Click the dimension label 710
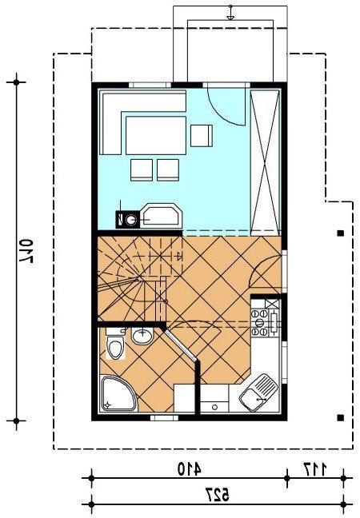point(26,251)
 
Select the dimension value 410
point(190,469)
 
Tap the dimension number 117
point(315,469)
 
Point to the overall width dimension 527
point(217,495)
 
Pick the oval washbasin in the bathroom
point(142,336)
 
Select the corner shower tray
point(118,393)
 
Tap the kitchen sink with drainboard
point(258,392)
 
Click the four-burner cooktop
point(260,322)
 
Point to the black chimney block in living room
point(128,219)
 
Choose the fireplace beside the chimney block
point(162,216)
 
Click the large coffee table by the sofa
point(156,135)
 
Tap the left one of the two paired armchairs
point(142,169)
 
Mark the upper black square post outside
point(340,233)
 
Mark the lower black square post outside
point(340,418)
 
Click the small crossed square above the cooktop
point(272,304)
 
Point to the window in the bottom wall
point(164,418)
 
